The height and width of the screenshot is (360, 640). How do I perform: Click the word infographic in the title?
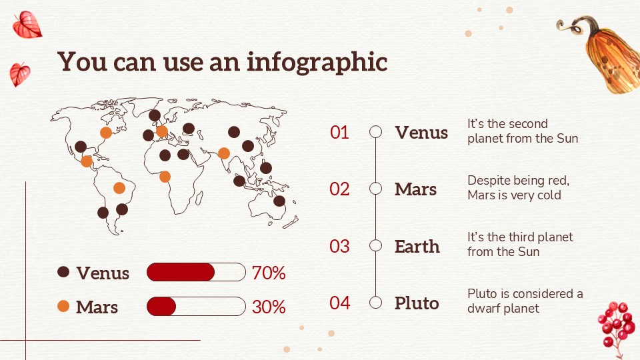(x=317, y=63)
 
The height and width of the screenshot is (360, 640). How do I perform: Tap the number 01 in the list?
(x=339, y=132)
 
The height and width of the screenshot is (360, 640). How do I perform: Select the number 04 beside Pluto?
(x=339, y=303)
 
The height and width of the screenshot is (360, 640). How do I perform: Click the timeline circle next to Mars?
(x=375, y=189)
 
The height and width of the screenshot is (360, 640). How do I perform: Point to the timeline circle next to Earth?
(x=375, y=246)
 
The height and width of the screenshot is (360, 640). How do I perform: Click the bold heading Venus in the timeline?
(x=421, y=133)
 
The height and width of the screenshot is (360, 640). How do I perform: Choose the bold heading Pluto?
(x=417, y=303)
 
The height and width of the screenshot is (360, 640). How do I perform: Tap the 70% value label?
(x=269, y=273)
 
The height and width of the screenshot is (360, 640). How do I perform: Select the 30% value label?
(x=269, y=307)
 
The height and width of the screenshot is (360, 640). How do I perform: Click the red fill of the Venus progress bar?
(x=181, y=272)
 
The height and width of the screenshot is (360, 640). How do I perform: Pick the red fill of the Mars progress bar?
(x=161, y=307)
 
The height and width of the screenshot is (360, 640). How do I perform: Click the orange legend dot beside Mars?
(x=63, y=306)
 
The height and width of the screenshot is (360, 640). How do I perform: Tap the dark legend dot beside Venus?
(x=63, y=272)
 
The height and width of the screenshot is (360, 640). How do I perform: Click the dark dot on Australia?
(x=279, y=201)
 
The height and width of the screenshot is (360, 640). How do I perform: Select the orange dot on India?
(x=224, y=153)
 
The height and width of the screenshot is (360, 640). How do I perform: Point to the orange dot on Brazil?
(x=119, y=188)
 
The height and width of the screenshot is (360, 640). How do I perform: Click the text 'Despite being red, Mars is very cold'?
(x=519, y=188)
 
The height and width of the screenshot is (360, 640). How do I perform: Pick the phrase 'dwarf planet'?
(x=503, y=308)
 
